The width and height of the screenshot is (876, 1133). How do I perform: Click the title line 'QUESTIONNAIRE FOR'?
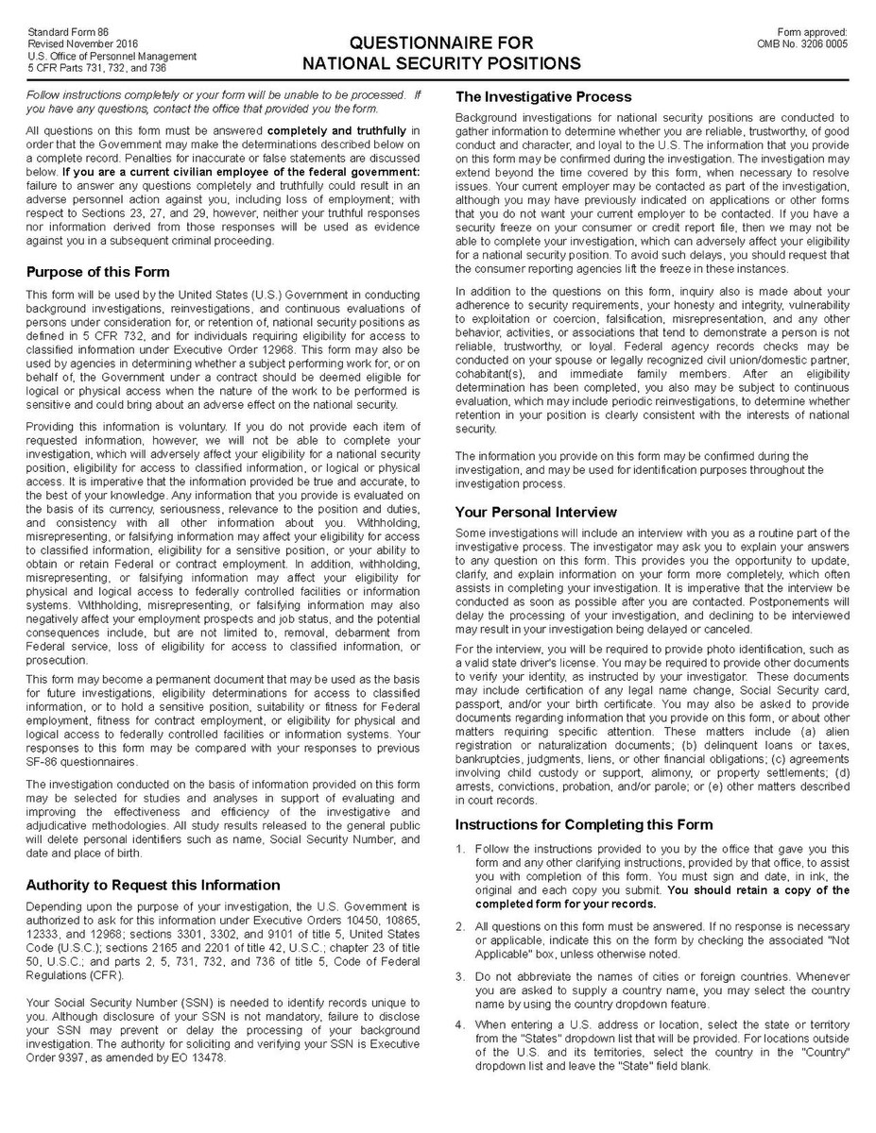(x=442, y=43)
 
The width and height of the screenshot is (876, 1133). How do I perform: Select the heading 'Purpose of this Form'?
(x=98, y=273)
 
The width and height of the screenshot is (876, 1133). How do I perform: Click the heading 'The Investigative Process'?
(x=543, y=97)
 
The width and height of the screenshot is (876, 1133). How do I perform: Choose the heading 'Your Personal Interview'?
(x=536, y=513)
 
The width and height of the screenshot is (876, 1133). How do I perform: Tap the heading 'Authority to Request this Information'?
(x=153, y=885)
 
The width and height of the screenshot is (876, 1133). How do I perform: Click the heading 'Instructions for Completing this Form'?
(x=584, y=824)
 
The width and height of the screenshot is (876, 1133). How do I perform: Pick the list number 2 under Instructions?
(x=460, y=928)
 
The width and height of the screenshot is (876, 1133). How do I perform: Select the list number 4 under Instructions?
(x=460, y=1024)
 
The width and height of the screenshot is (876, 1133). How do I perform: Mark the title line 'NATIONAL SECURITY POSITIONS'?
(x=442, y=64)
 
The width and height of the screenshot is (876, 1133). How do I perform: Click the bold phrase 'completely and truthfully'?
(x=343, y=129)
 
